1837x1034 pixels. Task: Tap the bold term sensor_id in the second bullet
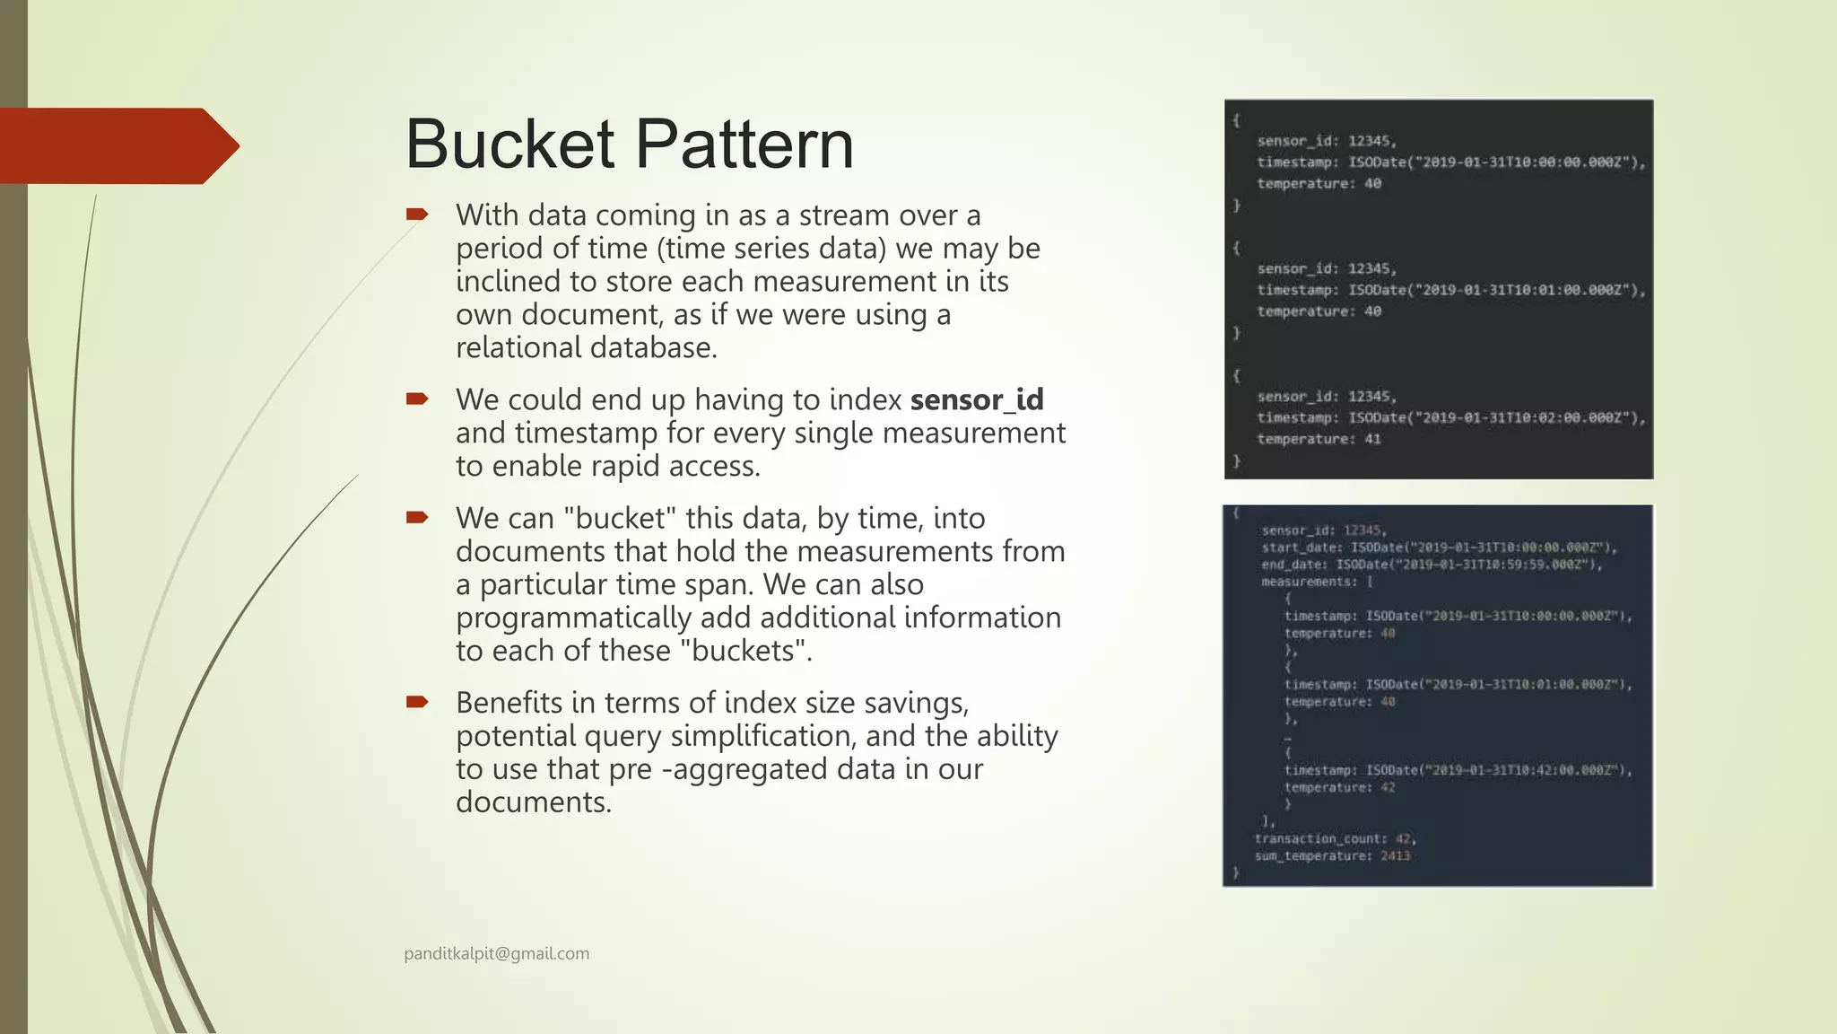pyautogui.click(x=977, y=399)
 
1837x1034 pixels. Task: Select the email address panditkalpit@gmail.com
pyautogui.click(x=496, y=953)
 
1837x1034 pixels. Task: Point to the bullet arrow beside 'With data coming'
pyautogui.click(x=417, y=215)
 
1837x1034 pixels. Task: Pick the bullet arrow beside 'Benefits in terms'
pyautogui.click(x=417, y=702)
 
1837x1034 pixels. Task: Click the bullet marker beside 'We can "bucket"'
pyautogui.click(x=417, y=517)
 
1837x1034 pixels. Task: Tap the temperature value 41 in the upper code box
pyautogui.click(x=1372, y=439)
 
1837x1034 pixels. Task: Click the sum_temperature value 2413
pyautogui.click(x=1395, y=856)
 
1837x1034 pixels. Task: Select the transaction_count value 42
pyautogui.click(x=1404, y=838)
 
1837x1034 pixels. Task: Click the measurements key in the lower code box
pyautogui.click(x=1309, y=582)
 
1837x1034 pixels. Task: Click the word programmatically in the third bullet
pyautogui.click(x=573, y=618)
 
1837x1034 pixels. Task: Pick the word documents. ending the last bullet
pyautogui.click(x=533, y=802)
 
